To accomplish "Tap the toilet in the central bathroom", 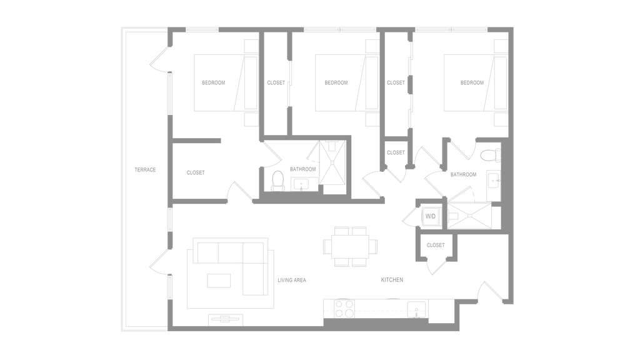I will [x=277, y=181].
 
